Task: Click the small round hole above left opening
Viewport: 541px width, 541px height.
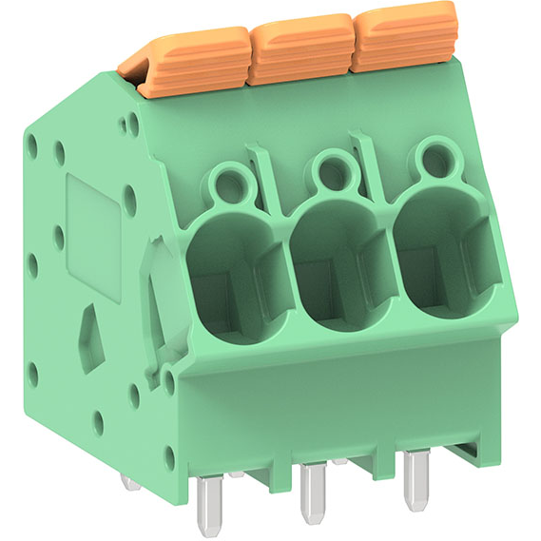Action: (x=226, y=177)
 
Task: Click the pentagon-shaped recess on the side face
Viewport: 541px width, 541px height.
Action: (x=93, y=328)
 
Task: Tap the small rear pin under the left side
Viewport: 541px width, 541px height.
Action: (x=130, y=481)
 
